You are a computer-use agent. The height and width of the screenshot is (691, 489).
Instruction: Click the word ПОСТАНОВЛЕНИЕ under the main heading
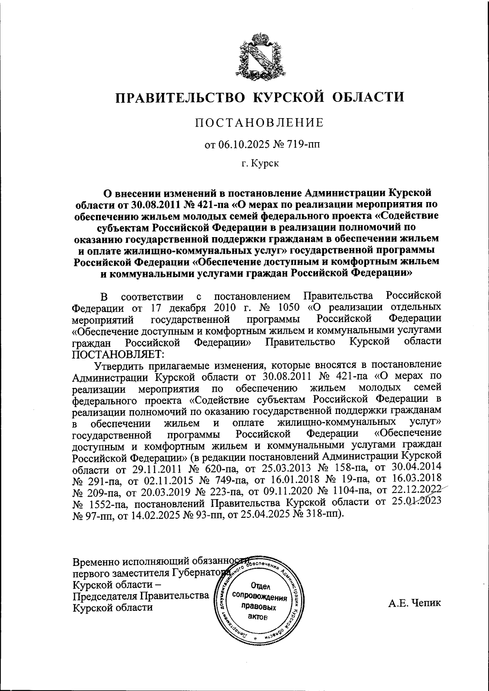[x=259, y=123]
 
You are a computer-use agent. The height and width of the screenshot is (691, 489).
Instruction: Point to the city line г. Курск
[x=260, y=163]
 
